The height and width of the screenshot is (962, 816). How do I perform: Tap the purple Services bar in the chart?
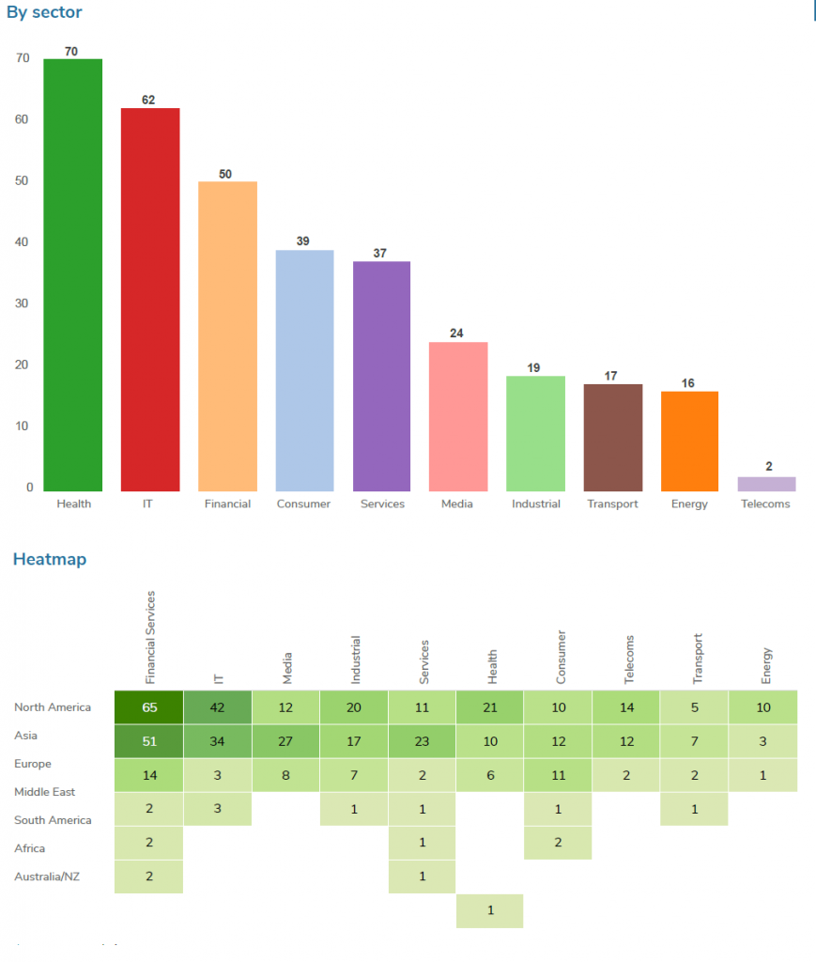pyautogui.click(x=381, y=376)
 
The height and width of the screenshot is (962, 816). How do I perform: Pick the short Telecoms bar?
pyautogui.click(x=766, y=484)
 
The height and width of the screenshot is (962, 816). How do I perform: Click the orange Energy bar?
pyautogui.click(x=689, y=441)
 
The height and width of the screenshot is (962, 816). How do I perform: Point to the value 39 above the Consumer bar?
pyautogui.click(x=303, y=241)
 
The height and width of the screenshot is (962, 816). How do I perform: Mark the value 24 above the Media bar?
pyautogui.click(x=457, y=334)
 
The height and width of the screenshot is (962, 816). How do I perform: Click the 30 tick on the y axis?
pyautogui.click(x=23, y=303)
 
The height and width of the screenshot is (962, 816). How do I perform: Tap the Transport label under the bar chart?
pyautogui.click(x=612, y=504)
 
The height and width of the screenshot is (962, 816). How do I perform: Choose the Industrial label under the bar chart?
pyautogui.click(x=535, y=504)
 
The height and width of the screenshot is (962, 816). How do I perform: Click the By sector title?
pyautogui.click(x=44, y=12)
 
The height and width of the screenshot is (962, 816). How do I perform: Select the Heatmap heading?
pyautogui.click(x=49, y=560)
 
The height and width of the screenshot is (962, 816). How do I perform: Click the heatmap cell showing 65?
pyautogui.click(x=149, y=707)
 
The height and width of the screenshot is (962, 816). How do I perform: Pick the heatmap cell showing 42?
pyautogui.click(x=218, y=707)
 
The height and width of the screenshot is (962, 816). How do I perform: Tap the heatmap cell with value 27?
pyautogui.click(x=285, y=740)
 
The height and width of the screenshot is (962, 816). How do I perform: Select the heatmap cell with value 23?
pyautogui.click(x=422, y=740)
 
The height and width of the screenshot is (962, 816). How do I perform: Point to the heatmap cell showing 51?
pyautogui.click(x=149, y=740)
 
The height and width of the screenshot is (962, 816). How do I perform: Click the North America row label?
pyautogui.click(x=53, y=707)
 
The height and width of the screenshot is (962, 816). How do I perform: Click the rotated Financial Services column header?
pyautogui.click(x=150, y=636)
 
